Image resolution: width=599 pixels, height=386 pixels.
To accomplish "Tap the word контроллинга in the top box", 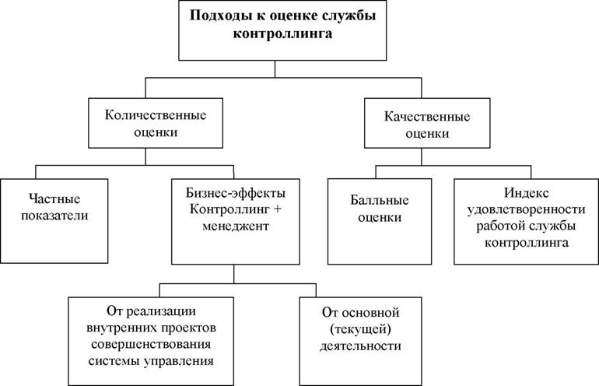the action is point(282,33).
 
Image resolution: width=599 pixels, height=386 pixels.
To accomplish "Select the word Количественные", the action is point(156,115).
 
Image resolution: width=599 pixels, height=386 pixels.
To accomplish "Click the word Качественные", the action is point(427,117).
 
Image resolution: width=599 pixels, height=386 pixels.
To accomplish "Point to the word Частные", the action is point(54,198).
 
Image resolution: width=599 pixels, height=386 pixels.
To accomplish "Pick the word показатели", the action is point(54,216).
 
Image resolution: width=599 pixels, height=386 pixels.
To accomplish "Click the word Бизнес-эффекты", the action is point(236,193).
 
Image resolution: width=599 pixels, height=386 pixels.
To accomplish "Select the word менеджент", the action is point(236,226).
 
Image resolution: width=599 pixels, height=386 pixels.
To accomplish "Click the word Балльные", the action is point(380,200).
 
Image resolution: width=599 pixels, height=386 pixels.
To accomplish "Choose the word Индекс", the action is point(527,193).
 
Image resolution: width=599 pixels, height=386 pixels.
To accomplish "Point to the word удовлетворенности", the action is point(527,209).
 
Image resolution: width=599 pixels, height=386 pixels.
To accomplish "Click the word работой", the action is point(499,226).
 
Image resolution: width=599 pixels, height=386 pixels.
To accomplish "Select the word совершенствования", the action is point(151,344).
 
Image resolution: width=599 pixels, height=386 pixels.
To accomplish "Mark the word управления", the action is point(179,361).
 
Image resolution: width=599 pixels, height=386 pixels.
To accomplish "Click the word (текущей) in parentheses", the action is point(361,329).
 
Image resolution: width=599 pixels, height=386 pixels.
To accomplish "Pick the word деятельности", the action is point(361,346).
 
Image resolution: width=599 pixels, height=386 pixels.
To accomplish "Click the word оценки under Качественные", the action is point(427,134).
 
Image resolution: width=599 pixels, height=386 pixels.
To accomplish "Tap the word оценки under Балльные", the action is point(380,217).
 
